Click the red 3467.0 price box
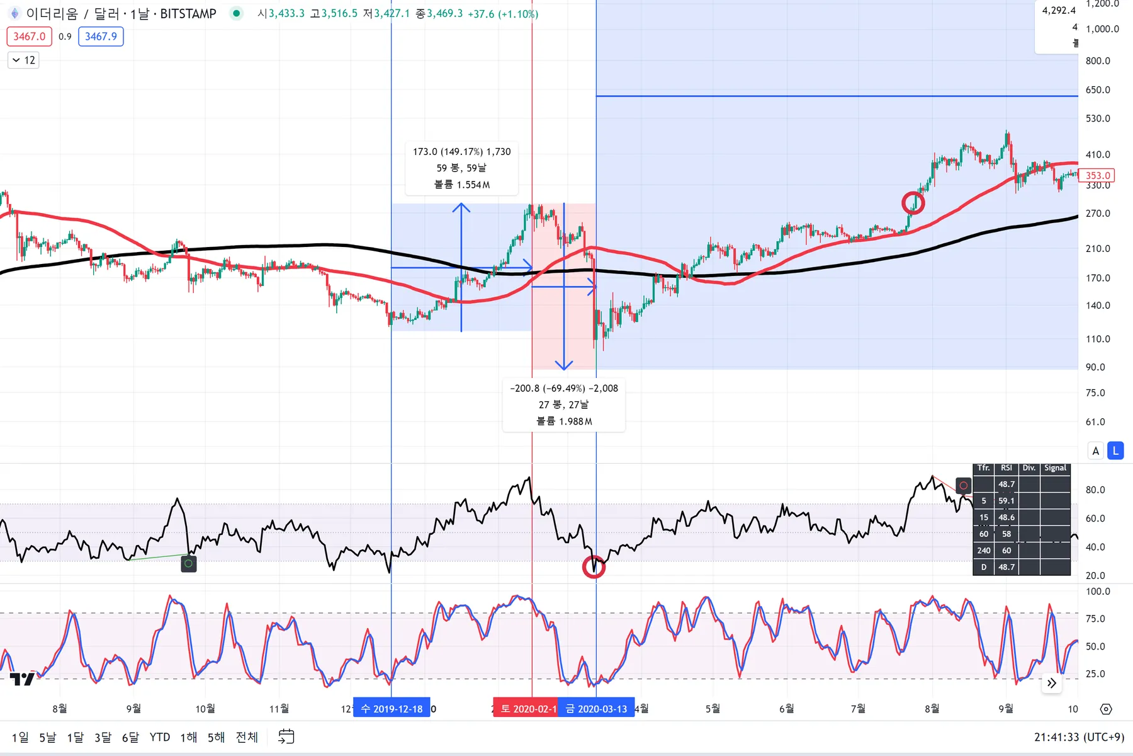(29, 37)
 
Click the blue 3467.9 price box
(101, 37)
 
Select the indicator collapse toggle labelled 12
(23, 60)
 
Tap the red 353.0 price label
(1096, 176)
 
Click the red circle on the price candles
(913, 203)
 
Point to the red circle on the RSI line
(594, 567)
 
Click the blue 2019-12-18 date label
(392, 709)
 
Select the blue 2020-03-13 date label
(596, 709)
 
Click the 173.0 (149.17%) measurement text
(461, 152)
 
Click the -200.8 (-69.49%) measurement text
(564, 389)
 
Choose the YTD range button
(160, 737)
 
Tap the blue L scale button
(1115, 450)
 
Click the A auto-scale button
(1096, 450)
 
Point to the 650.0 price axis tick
(1098, 90)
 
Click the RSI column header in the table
(1006, 468)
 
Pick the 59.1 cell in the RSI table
(1006, 501)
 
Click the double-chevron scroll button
(1052, 683)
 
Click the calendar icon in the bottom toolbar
(286, 736)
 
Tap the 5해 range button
(216, 737)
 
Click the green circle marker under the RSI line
(188, 564)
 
